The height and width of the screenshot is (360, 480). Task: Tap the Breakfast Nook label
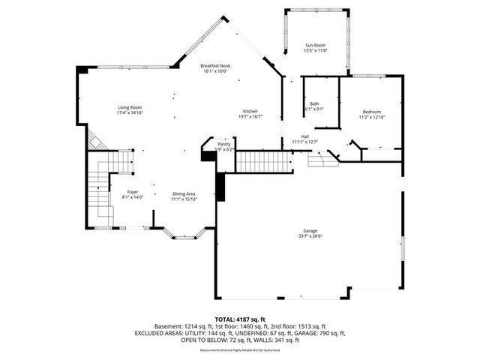click(215, 66)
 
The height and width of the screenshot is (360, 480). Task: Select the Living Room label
click(130, 107)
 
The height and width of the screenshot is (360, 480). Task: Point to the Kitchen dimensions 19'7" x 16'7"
click(250, 116)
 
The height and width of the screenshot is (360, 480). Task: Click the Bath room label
click(313, 103)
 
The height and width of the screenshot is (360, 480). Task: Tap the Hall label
click(305, 136)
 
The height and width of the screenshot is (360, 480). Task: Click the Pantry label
click(224, 144)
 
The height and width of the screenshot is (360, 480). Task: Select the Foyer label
click(132, 192)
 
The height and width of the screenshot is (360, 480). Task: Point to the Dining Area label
click(184, 193)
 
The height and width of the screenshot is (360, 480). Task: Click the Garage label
click(310, 230)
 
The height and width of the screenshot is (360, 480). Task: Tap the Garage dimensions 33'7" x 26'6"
click(310, 236)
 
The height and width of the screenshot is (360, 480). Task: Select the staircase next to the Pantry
click(263, 160)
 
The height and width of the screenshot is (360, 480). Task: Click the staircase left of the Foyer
click(97, 190)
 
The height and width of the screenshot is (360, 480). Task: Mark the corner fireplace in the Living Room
click(94, 139)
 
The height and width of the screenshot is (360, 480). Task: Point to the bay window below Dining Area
click(184, 236)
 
